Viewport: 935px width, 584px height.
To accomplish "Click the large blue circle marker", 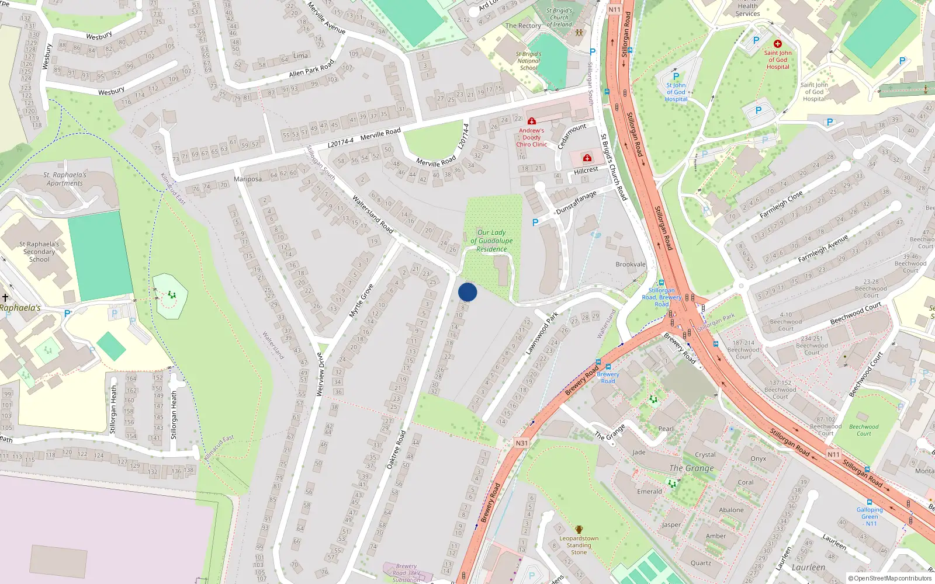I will [x=467, y=292].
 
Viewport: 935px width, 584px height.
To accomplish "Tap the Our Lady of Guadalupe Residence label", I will [x=491, y=241].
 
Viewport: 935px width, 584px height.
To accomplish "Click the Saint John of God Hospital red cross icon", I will [x=778, y=44].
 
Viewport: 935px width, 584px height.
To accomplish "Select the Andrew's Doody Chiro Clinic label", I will [x=531, y=138].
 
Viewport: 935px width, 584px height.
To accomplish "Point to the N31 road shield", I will [x=521, y=443].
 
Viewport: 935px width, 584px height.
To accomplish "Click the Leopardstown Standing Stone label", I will [x=579, y=545].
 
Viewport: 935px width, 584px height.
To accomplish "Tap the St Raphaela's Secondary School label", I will [x=39, y=252].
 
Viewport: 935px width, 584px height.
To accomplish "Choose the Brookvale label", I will [x=631, y=265].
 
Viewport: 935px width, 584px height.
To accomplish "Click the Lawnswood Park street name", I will [x=542, y=333].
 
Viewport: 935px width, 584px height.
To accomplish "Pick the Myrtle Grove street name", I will [x=361, y=301].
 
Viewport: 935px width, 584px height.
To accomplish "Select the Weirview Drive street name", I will [x=320, y=374].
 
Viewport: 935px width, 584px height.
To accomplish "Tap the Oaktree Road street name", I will [x=396, y=450].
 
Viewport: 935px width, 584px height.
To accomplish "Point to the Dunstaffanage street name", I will [x=576, y=202].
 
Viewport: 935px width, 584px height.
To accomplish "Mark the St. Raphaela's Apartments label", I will [x=64, y=179].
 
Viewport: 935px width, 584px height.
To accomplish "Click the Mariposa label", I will [x=248, y=179].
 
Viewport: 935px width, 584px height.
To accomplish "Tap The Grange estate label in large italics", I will [x=691, y=468].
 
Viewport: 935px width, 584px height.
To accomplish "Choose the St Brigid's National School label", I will [x=528, y=61].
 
